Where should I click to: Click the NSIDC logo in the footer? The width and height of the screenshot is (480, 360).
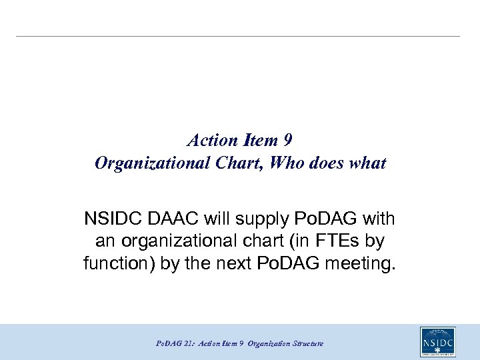click(438, 342)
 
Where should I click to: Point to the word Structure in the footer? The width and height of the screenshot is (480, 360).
click(308, 343)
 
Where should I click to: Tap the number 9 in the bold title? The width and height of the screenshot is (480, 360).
click(288, 141)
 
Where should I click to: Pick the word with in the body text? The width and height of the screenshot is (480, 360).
click(379, 218)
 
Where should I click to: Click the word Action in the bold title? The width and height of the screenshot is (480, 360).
click(213, 141)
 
